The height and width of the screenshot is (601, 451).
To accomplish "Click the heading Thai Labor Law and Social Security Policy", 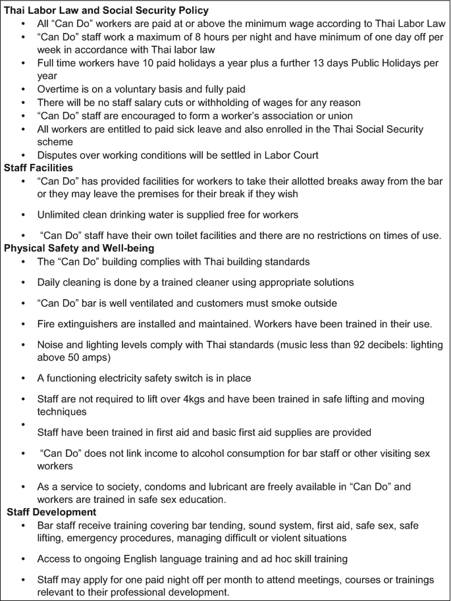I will click(107, 11).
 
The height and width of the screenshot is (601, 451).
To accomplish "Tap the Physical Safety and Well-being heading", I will click(79, 248).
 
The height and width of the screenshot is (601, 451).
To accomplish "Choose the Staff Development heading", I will click(52, 512).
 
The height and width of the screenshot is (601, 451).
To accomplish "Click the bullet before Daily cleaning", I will click(24, 282).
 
